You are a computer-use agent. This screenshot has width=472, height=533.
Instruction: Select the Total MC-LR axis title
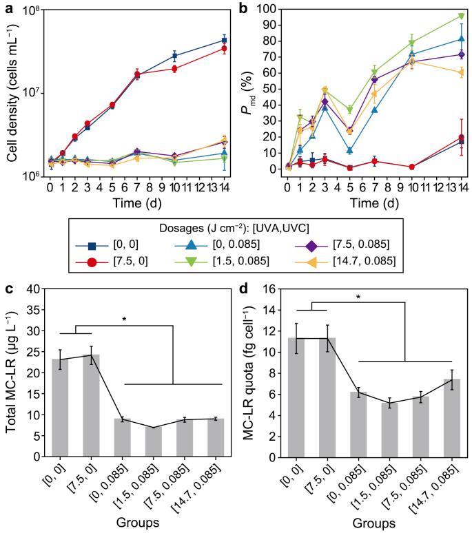pyautogui.click(x=11, y=373)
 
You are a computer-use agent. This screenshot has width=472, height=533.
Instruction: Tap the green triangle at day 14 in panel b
pyautogui.click(x=461, y=16)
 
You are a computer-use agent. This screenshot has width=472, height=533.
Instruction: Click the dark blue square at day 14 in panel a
pyautogui.click(x=223, y=40)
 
